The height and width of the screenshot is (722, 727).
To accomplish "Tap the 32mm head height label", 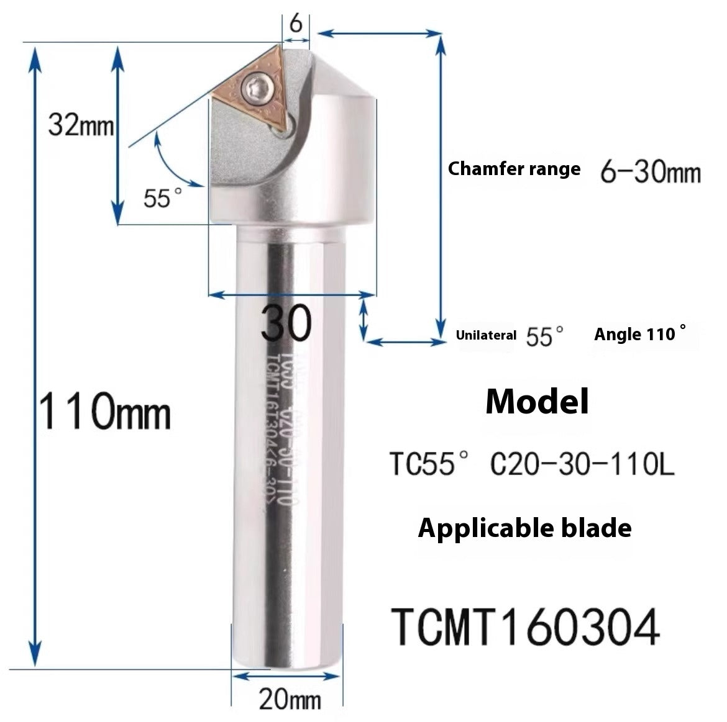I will point(81,126).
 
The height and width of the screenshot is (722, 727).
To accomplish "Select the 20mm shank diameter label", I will point(290,700).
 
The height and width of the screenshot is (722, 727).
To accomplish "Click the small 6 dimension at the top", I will point(296,24).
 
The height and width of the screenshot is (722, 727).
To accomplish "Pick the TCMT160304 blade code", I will point(525,627).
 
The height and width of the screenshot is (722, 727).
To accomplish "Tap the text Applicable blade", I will point(525,528).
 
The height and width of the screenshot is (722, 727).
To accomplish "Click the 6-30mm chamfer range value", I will point(650,171).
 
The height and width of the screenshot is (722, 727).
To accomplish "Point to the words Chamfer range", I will point(514,169).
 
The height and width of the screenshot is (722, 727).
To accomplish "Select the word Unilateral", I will point(486,335).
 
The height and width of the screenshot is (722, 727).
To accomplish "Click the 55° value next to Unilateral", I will point(545,336).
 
